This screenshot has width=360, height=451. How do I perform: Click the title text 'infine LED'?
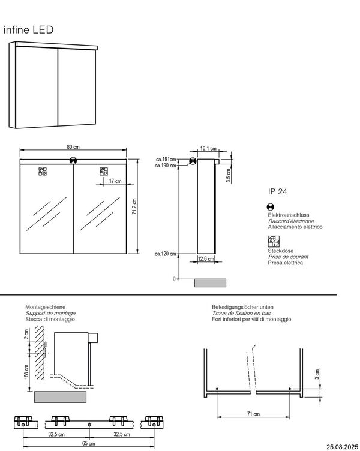click(x=28, y=29)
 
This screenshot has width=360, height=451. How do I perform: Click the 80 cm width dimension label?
click(x=73, y=147)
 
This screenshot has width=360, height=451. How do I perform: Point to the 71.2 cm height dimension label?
click(x=134, y=206)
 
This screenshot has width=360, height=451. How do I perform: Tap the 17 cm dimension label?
click(x=115, y=181)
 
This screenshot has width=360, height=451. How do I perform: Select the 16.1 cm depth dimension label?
click(x=208, y=148)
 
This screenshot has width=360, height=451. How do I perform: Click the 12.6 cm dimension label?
click(x=206, y=259)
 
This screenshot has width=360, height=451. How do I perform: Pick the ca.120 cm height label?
click(x=165, y=254)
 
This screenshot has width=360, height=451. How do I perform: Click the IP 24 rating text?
click(x=277, y=191)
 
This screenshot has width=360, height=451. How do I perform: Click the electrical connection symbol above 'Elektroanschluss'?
click(x=271, y=206)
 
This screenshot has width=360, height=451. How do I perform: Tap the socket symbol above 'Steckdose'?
click(x=274, y=242)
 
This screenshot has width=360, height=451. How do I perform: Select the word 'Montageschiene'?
click(x=46, y=307)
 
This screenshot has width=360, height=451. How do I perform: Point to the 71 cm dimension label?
click(x=253, y=414)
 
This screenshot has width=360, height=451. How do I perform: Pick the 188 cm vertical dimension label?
click(x=26, y=372)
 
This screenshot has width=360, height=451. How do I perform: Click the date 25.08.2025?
click(x=343, y=447)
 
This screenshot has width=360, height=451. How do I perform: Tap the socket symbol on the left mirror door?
click(x=43, y=172)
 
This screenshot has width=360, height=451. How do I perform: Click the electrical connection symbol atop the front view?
click(x=73, y=160)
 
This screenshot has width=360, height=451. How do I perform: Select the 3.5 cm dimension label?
click(x=229, y=176)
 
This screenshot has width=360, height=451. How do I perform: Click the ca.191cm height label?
click(x=166, y=160)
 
